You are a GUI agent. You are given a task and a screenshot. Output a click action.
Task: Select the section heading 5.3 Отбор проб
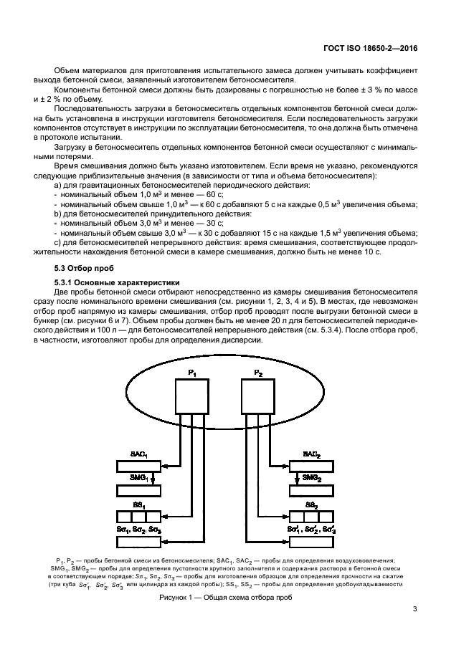point(81,268)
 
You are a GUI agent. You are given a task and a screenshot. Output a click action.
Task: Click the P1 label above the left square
point(192,373)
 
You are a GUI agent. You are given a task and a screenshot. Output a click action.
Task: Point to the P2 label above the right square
point(257,373)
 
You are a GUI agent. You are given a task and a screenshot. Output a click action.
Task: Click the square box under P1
point(192,396)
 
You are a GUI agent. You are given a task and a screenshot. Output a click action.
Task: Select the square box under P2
point(257,396)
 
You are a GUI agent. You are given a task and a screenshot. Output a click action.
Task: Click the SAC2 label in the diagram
point(312,454)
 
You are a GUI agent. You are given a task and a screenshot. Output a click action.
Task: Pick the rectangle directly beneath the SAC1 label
point(138,466)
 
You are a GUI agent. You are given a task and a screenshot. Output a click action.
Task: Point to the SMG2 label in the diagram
point(312,477)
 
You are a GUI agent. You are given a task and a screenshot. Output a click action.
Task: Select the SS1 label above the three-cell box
point(138,505)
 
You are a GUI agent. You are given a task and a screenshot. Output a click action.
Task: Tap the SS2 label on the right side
point(312,505)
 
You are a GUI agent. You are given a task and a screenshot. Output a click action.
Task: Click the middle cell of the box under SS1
point(138,517)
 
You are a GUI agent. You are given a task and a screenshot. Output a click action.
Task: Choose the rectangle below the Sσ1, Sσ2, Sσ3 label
point(138,542)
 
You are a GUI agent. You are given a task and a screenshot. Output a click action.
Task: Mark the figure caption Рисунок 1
point(225,598)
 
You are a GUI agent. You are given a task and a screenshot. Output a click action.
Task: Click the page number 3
point(414,609)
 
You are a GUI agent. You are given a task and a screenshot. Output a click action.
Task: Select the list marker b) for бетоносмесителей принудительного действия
point(57,214)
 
